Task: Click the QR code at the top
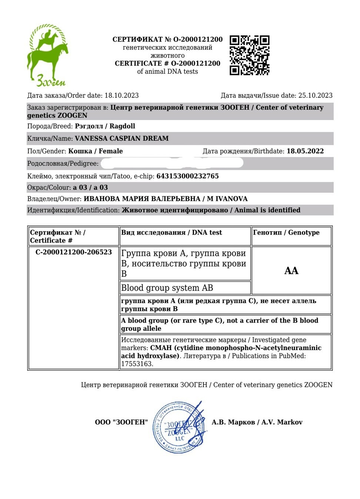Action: [249, 55]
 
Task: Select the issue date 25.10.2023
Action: [315, 96]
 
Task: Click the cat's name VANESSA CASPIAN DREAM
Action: [121, 139]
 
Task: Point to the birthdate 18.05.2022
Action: [305, 151]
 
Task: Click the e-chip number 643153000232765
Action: [187, 176]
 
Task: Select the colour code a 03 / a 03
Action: [90, 187]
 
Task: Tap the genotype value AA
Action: [291, 271]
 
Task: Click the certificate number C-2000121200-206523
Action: [74, 252]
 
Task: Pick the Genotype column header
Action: [286, 233]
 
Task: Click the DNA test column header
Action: [171, 233]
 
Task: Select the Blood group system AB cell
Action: [167, 288]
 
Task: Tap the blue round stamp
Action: [179, 428]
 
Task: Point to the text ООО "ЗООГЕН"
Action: [121, 422]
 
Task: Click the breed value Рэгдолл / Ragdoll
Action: [105, 126]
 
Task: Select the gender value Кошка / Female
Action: [95, 151]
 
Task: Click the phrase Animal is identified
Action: [267, 210]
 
